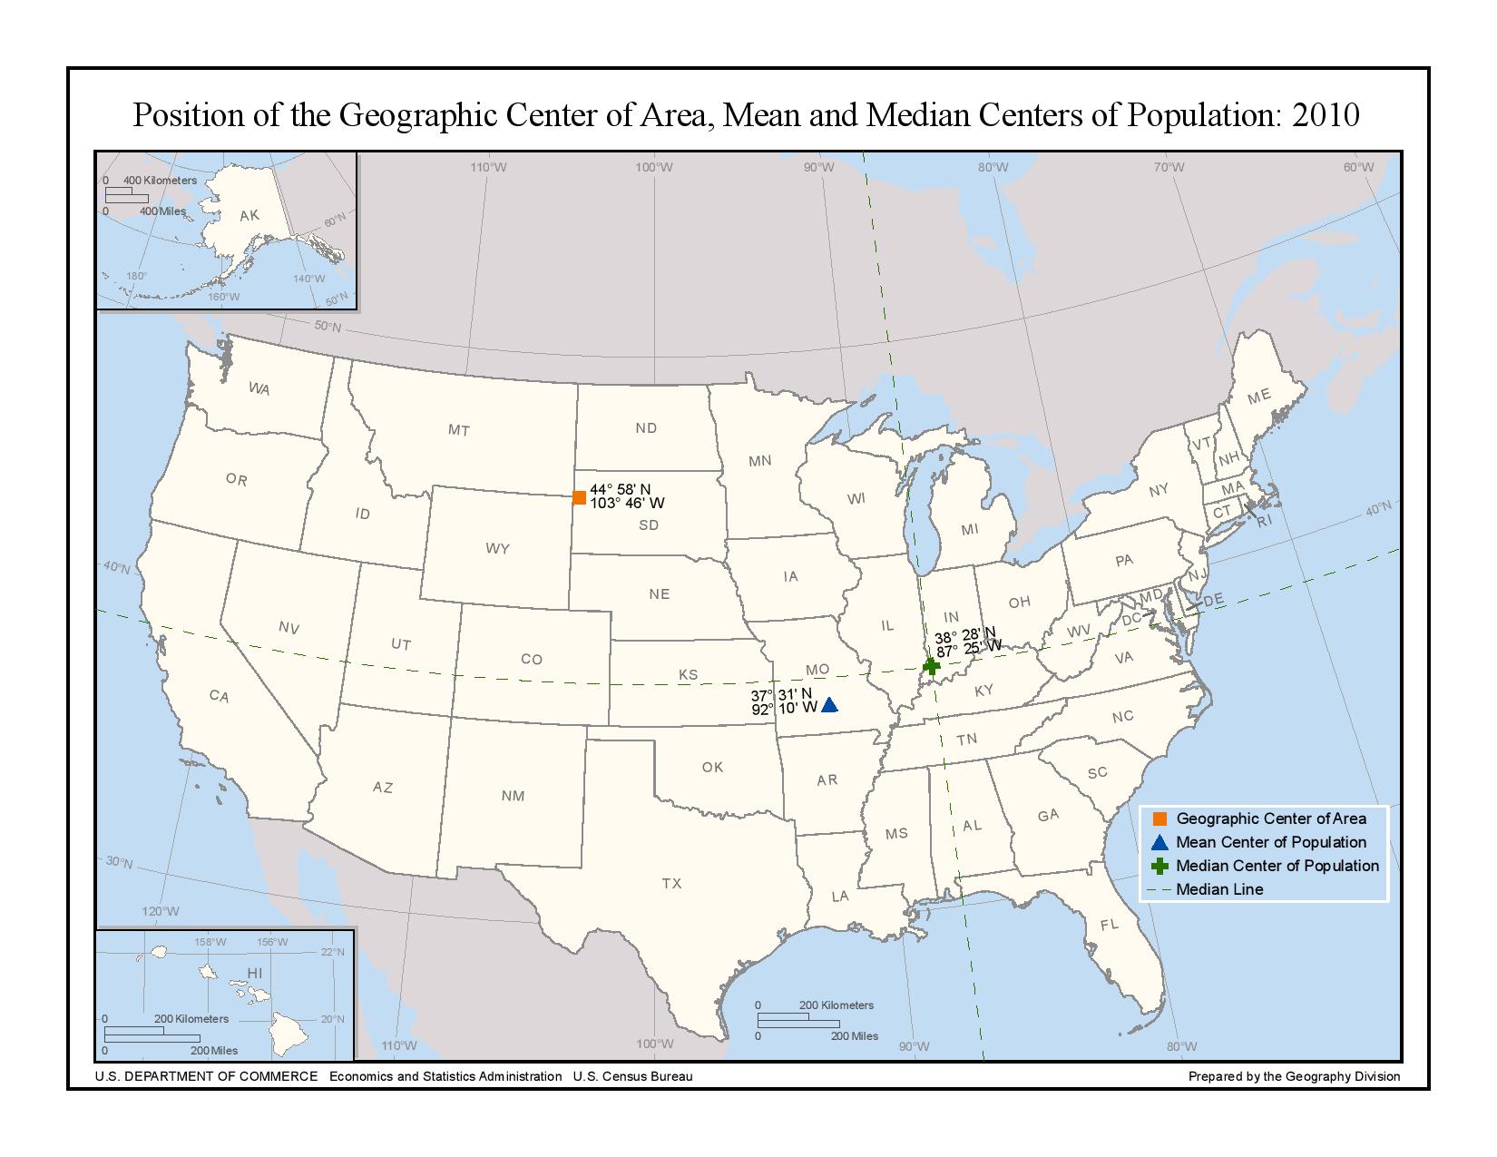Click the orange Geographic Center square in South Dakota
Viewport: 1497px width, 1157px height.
[579, 497]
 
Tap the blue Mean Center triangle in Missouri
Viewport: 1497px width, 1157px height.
[829, 705]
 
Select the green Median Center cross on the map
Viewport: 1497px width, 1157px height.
[931, 667]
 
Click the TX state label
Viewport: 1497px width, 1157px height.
[671, 883]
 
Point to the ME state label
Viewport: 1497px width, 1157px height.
[1258, 397]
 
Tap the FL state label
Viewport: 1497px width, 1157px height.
[1110, 925]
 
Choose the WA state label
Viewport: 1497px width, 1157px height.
[259, 388]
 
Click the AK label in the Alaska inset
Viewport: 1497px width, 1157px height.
[249, 216]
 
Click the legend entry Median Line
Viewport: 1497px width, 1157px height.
[1219, 889]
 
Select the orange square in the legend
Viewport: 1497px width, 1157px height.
[1159, 819]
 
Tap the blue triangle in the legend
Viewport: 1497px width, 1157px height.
[1159, 842]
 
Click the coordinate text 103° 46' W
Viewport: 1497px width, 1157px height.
[627, 503]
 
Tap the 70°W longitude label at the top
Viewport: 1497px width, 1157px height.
[1169, 167]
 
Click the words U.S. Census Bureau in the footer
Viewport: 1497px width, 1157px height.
[632, 1076]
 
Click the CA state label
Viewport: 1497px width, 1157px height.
[219, 696]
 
